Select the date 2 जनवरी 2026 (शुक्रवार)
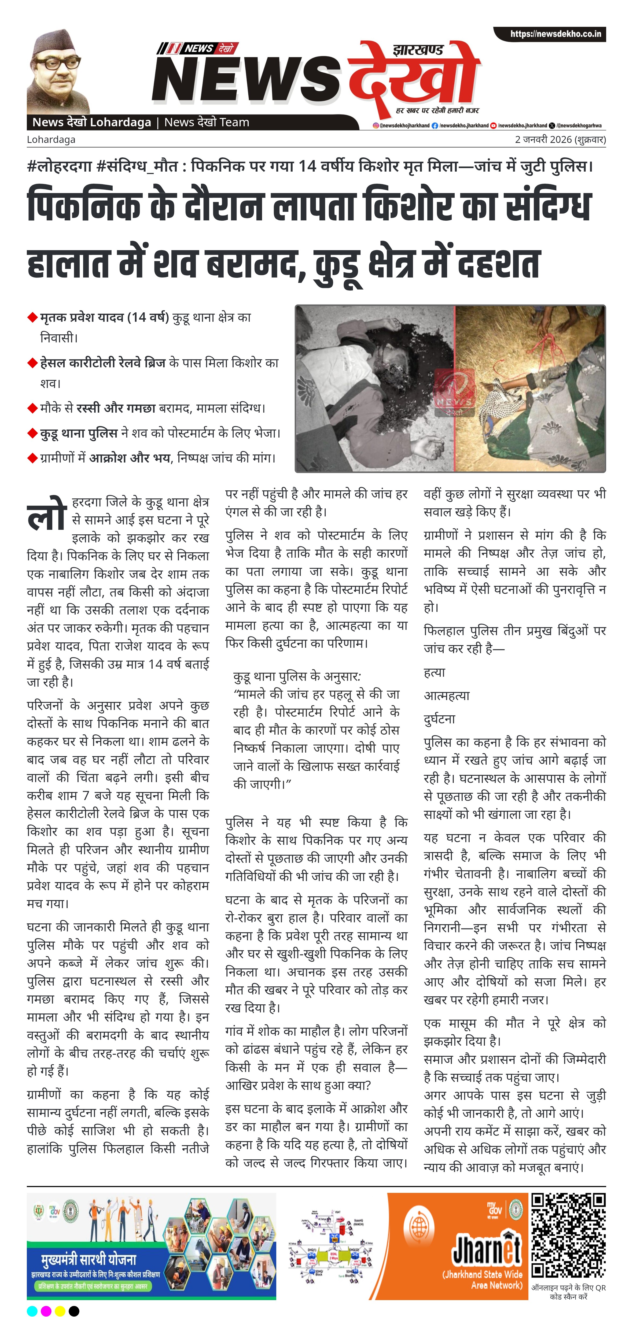[x=560, y=140]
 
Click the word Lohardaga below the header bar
[x=51, y=140]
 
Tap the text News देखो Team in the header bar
[x=207, y=122]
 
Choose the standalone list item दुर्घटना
[x=439, y=719]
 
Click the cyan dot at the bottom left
[x=32, y=1310]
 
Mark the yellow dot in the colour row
[x=60, y=1310]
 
